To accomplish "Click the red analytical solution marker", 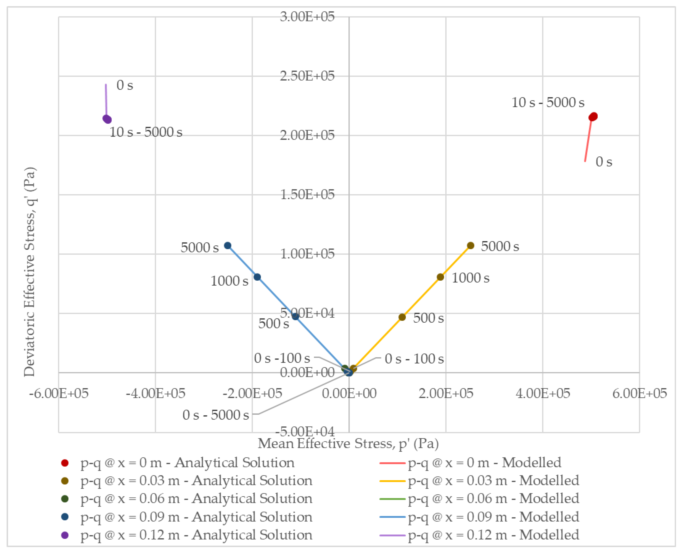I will click(x=593, y=117).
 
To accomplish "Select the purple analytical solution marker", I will click(x=107, y=119).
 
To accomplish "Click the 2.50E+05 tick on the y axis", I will click(x=307, y=76).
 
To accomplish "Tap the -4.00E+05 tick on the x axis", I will click(x=155, y=394).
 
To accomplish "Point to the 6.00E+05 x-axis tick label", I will click(x=640, y=394).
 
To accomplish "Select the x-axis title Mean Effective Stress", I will click(x=348, y=443).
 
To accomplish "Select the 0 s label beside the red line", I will click(x=604, y=162).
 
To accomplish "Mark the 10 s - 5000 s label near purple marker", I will click(x=146, y=132).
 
